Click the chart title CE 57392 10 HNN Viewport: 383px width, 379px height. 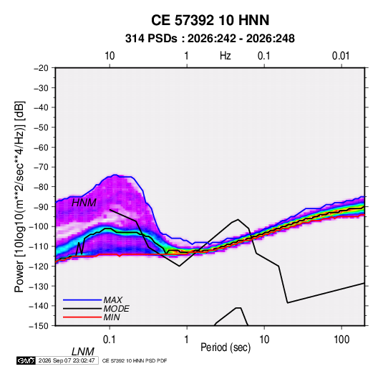click(210, 20)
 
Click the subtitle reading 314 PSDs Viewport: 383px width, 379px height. click(151, 39)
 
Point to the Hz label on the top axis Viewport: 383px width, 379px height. click(226, 56)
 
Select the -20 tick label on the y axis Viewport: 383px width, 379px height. click(41, 68)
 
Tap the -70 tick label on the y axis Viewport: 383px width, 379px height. click(41, 167)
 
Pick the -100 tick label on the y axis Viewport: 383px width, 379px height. click(39, 226)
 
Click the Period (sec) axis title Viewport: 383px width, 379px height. click(226, 347)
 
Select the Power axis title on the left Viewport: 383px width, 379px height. click(19, 197)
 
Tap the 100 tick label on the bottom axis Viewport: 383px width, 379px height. click(341, 340)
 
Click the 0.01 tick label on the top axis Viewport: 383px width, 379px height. click(341, 56)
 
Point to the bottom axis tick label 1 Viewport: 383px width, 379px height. click(186, 340)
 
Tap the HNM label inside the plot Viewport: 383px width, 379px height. click(84, 203)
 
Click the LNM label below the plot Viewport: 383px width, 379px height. click(83, 352)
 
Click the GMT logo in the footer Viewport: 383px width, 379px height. click(26, 360)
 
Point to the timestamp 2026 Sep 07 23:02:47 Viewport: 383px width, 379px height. click(67, 360)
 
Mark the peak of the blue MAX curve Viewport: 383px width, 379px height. click(115, 175)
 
